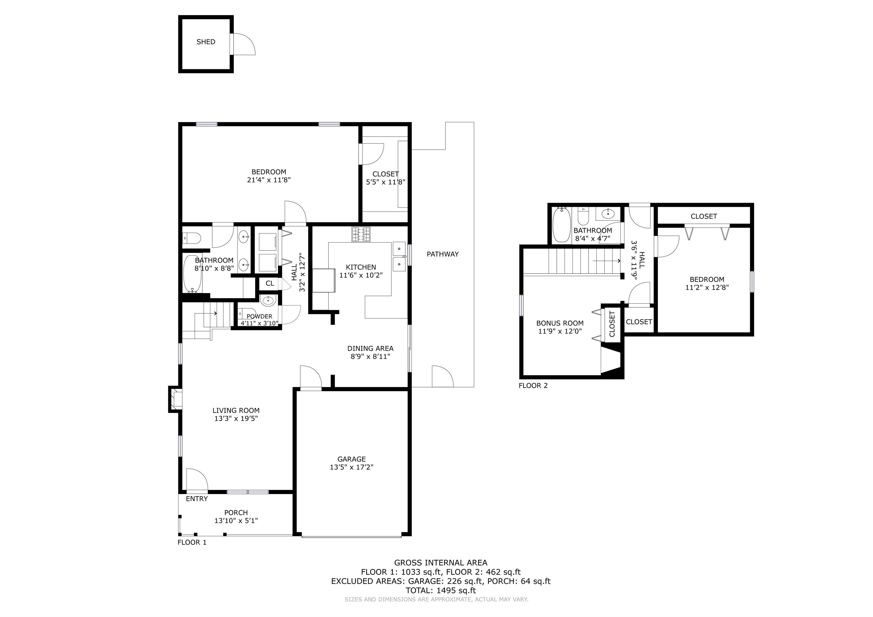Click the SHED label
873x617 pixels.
tap(206, 42)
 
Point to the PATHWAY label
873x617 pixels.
tap(442, 254)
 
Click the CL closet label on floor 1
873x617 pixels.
tap(270, 283)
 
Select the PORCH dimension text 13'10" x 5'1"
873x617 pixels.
tap(236, 520)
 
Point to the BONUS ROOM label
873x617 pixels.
tap(560, 323)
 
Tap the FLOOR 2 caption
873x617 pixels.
tap(533, 385)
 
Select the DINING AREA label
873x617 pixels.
tap(370, 348)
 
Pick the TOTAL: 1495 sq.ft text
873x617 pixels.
tap(441, 590)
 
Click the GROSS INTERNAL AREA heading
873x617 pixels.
tap(441, 563)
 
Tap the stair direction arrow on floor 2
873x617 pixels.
tap(607, 261)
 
